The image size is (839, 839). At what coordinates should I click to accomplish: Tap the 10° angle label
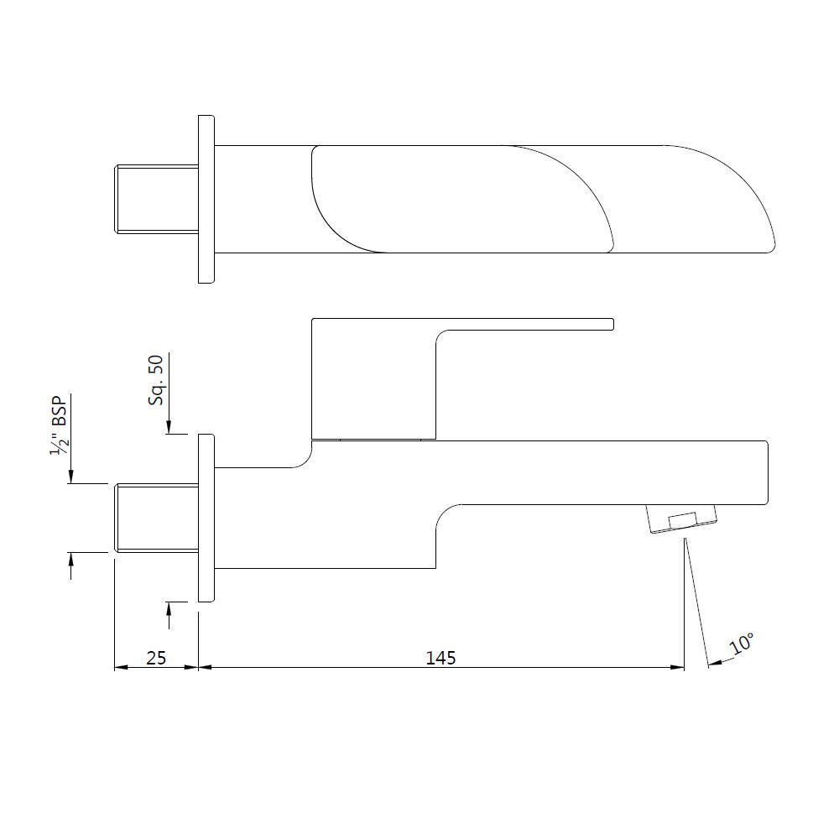pyautogui.click(x=742, y=644)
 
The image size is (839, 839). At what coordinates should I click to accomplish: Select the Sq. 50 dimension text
pyautogui.click(x=156, y=380)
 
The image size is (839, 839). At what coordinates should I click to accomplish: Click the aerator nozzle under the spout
pyautogui.click(x=683, y=519)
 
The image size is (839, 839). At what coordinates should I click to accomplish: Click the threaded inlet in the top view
pyautogui.click(x=156, y=199)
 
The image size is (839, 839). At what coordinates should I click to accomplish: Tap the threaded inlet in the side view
pyautogui.click(x=156, y=518)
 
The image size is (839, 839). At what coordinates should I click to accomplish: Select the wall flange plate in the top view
pyautogui.click(x=206, y=199)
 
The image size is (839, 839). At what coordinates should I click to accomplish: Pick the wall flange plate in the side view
pyautogui.click(x=206, y=518)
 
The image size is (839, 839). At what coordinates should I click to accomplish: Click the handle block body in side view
pyautogui.click(x=373, y=378)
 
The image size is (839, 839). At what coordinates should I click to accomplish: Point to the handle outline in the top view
pyautogui.click(x=461, y=199)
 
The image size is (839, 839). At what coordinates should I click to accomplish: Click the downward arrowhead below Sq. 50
pyautogui.click(x=169, y=427)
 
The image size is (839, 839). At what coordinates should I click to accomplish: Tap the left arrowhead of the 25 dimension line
pyautogui.click(x=120, y=668)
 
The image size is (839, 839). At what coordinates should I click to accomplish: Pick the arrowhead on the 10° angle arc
pyautogui.click(x=714, y=664)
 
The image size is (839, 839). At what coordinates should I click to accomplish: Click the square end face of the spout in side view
pyautogui.click(x=765, y=472)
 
